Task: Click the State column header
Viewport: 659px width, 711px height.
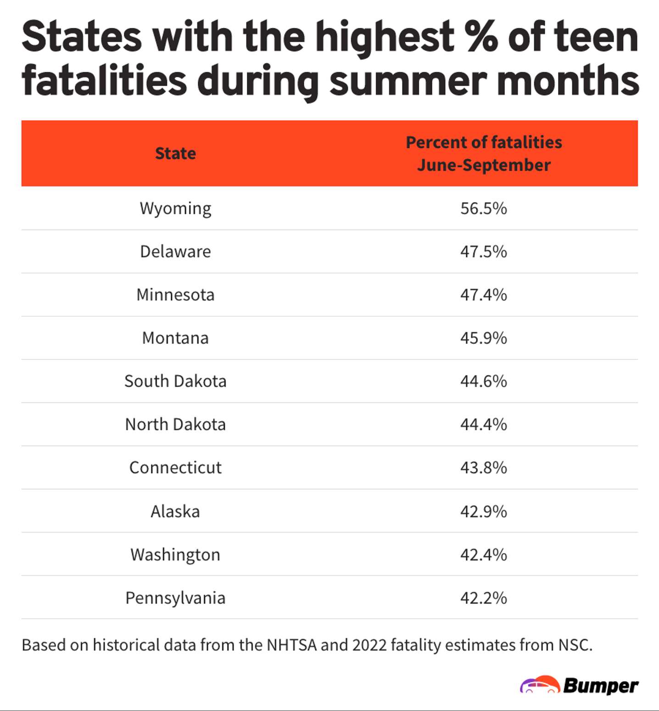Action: click(x=175, y=153)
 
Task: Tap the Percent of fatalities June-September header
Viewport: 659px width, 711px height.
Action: click(x=484, y=153)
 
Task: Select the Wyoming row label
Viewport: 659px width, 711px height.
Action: click(x=175, y=209)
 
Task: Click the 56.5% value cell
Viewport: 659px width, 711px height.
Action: click(x=484, y=208)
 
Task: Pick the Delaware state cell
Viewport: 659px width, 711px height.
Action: click(x=175, y=252)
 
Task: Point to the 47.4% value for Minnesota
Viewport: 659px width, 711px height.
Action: click(x=484, y=295)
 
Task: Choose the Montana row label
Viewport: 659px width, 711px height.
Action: click(x=175, y=338)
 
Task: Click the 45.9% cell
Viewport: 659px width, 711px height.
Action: click(x=484, y=338)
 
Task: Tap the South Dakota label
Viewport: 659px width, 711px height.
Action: click(x=175, y=381)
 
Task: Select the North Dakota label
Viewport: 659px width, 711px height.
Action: click(x=175, y=425)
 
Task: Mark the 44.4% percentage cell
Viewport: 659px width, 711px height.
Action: click(x=484, y=425)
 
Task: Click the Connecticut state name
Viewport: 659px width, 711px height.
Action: click(x=175, y=468)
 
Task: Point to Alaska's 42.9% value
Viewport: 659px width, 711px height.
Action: click(x=484, y=511)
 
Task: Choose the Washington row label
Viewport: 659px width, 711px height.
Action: click(x=175, y=555)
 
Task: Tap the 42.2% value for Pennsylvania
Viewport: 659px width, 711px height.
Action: click(x=484, y=598)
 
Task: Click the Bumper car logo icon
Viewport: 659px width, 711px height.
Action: click(x=540, y=685)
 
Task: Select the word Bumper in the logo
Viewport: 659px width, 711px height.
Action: click(x=600, y=686)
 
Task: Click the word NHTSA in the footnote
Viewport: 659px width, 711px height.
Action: click(x=291, y=645)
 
